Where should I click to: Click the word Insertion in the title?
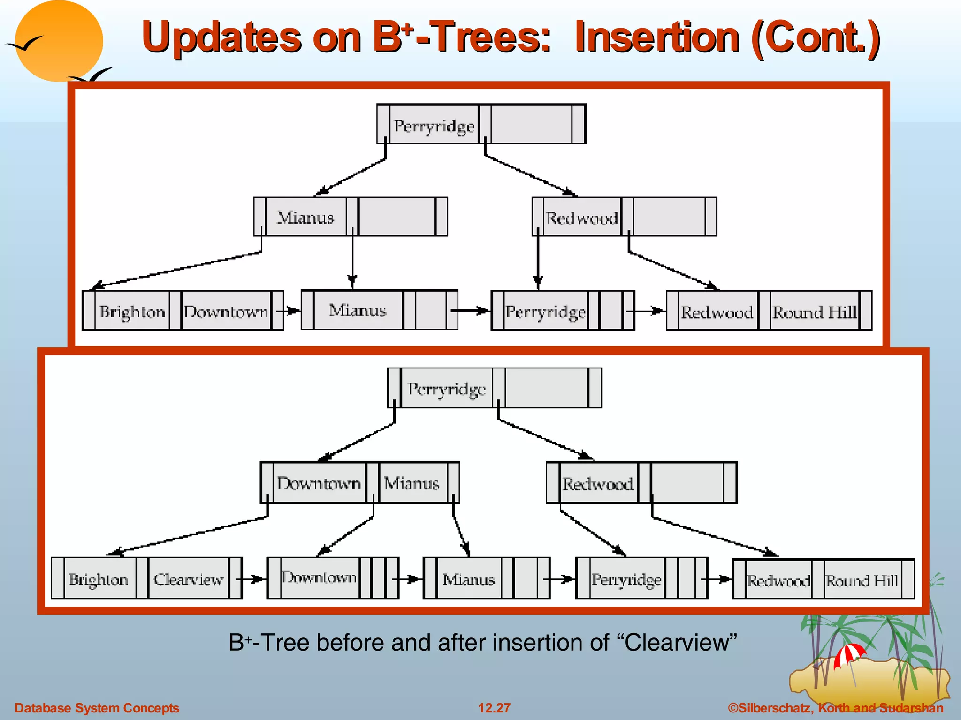(657, 37)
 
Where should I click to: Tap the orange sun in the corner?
(59, 41)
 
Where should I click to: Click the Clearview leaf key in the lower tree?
(189, 579)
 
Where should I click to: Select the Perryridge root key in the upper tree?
(434, 126)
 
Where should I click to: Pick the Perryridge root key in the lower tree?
(447, 389)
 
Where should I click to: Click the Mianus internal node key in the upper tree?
(306, 217)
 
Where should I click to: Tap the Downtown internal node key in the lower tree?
(319, 483)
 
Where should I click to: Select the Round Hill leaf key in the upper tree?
(814, 312)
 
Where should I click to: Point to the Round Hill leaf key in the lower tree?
(862, 580)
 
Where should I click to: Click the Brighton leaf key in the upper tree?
(132, 312)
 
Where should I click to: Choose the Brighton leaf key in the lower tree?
(99, 579)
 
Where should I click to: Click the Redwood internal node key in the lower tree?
(598, 483)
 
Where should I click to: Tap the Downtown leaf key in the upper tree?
(226, 312)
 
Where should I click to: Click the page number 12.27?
(494, 708)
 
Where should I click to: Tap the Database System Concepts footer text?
(97, 708)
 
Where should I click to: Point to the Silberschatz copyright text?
(835, 708)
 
